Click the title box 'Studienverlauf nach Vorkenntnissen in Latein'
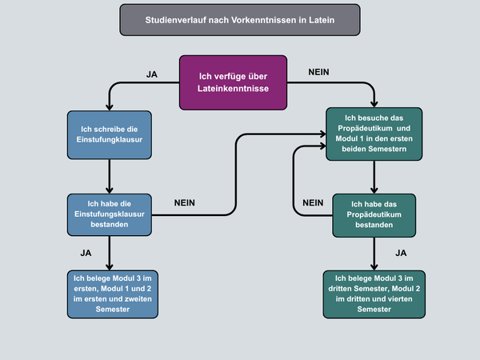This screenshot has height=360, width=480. pyautogui.click(x=239, y=19)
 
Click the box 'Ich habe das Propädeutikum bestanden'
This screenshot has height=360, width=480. pyautogui.click(x=374, y=215)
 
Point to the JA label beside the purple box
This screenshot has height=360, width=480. pyautogui.click(x=152, y=74)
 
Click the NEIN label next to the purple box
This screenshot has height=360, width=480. pyautogui.click(x=318, y=73)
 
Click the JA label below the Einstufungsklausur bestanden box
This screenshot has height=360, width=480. pyautogui.click(x=86, y=253)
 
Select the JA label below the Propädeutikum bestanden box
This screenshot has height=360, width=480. pyautogui.click(x=402, y=253)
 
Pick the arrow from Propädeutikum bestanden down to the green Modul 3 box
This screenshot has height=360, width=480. pyautogui.click(x=374, y=254)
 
